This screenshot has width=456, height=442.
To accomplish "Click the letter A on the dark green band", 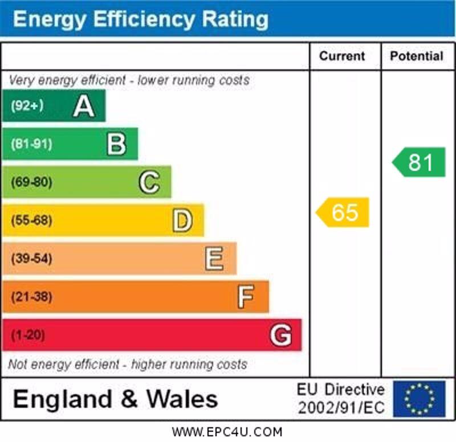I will (83, 106).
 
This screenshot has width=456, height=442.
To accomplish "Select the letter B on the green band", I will (116, 144).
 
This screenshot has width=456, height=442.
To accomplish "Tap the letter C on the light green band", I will (149, 182).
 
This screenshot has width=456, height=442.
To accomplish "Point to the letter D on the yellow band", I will (182, 220).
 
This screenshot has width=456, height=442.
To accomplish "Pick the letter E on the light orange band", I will (214, 259).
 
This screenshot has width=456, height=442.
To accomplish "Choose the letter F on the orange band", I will (246, 297).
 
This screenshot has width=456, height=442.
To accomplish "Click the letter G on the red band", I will (280, 335).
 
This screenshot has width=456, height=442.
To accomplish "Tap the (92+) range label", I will (27, 106).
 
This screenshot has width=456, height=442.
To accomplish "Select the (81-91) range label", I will (31, 144).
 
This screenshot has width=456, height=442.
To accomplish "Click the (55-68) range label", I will (31, 220).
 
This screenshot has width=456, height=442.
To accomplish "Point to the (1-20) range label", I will (27, 335).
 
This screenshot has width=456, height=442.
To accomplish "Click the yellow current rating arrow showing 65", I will (343, 212).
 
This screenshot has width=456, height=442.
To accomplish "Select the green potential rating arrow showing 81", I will (420, 162).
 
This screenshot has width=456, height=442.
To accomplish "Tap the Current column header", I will (342, 56).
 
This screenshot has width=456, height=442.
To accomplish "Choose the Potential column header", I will (417, 56).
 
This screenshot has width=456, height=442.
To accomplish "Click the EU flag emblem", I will (419, 399).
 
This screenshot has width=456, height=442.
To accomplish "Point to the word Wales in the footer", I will (182, 399).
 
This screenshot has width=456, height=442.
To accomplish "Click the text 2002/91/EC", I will (341, 408).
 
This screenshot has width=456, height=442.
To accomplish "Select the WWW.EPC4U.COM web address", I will (227, 432).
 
